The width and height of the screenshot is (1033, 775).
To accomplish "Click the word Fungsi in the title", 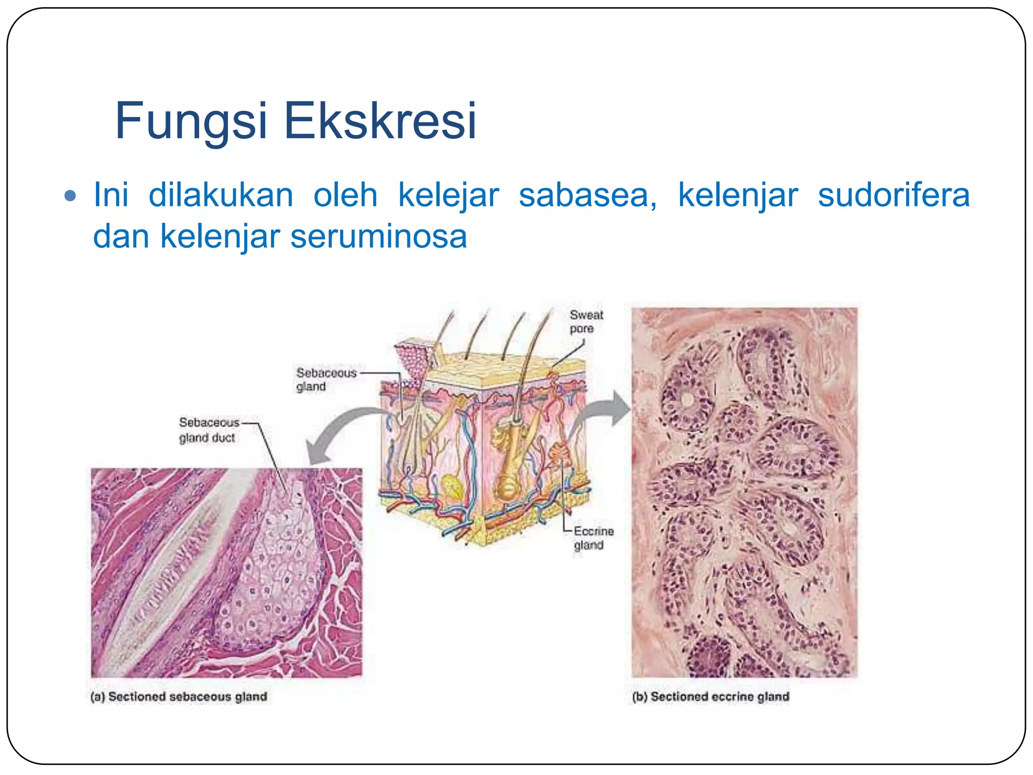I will (191, 121).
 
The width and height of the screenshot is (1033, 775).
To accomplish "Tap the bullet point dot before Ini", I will (71, 196).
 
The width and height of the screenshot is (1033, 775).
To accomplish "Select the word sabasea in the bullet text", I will (587, 195).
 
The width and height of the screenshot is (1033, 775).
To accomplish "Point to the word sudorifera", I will (893, 195).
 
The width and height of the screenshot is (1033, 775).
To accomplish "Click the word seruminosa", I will (379, 236).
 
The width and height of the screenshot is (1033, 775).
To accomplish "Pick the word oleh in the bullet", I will (346, 195).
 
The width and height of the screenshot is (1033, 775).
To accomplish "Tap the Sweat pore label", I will (586, 321).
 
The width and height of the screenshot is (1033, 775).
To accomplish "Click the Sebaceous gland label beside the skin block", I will (325, 379).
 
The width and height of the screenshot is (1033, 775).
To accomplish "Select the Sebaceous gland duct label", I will (208, 430).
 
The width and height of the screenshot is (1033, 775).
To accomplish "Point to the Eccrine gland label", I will (593, 538).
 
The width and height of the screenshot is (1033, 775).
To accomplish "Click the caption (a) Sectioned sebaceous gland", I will (179, 696).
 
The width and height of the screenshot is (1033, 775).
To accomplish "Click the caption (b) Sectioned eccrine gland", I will (710, 696).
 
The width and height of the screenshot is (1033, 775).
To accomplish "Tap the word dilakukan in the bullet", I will (220, 195).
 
